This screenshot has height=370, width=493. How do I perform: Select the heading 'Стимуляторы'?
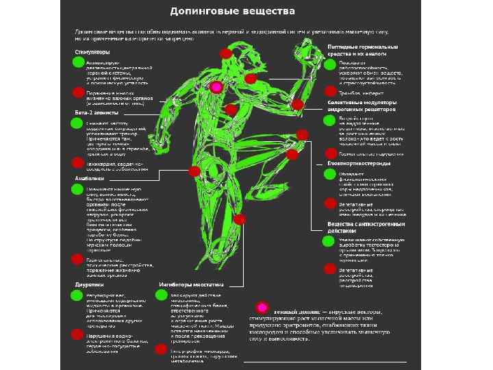(x=92, y=52)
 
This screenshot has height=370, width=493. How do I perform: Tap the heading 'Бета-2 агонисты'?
(x=95, y=112)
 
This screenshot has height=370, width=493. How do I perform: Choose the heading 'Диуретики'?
(x=89, y=284)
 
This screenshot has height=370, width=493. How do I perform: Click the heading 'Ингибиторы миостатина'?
(x=192, y=284)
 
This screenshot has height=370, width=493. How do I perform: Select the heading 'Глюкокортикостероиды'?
(x=359, y=164)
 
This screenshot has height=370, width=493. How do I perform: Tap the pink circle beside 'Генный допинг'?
(x=262, y=308)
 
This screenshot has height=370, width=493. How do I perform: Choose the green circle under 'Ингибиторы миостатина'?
(x=162, y=295)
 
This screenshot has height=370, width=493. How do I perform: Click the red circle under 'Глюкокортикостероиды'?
(x=329, y=204)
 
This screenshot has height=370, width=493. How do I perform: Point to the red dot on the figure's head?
(x=226, y=53)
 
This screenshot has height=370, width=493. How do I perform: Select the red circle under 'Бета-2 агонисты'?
(x=78, y=162)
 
